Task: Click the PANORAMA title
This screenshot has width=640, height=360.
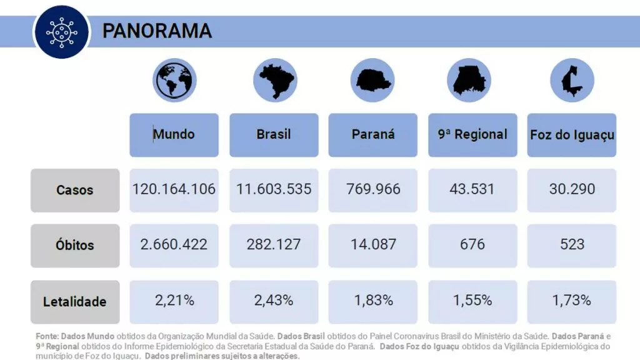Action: coord(157,31)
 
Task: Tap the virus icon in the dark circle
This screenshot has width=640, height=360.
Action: coord(60,31)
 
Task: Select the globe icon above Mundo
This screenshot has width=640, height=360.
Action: coord(174,80)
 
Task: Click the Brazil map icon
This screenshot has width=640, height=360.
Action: coord(274,81)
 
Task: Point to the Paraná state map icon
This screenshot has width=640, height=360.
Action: coord(372,81)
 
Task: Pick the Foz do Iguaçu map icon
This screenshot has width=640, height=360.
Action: coord(571,81)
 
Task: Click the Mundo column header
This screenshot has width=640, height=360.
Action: coord(174,134)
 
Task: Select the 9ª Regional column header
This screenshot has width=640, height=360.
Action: coord(472,134)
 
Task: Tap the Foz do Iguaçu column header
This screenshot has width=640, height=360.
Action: coord(572,134)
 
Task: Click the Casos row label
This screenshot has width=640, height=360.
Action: coord(75,190)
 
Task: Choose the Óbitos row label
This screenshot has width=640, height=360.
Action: coord(75,245)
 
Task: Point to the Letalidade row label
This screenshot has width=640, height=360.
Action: coord(75,301)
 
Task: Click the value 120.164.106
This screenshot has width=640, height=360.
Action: coord(174,189)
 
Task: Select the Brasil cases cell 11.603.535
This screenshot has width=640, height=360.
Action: coord(274,189)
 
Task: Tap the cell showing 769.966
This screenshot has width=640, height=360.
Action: coord(373,189)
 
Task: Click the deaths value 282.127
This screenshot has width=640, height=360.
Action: coord(274,244)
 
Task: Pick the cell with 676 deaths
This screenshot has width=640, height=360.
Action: coord(472,244)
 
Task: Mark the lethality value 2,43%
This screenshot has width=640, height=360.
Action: coord(274,300)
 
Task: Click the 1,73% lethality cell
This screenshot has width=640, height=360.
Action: coord(572,300)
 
